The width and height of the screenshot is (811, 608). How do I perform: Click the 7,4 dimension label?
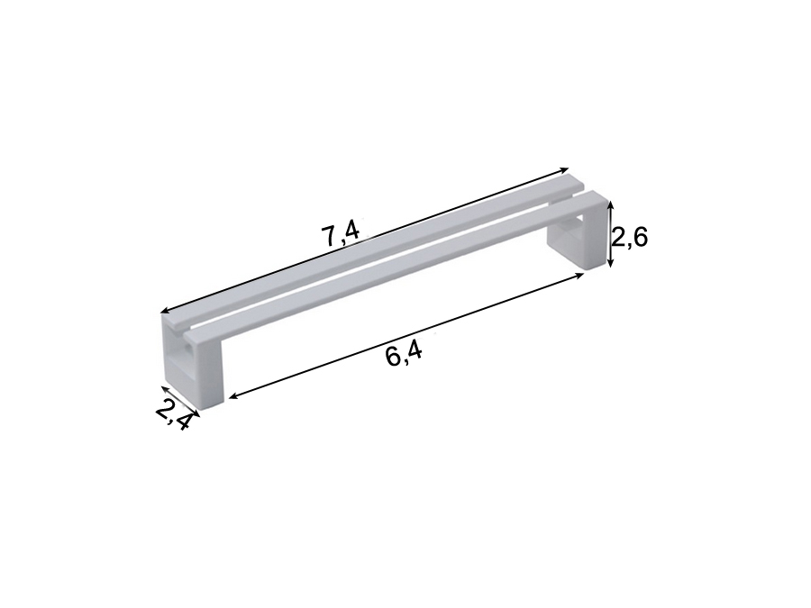tap(341, 236)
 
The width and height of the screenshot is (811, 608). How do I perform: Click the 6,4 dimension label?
tap(404, 355)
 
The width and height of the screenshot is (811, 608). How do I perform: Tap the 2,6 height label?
tap(630, 239)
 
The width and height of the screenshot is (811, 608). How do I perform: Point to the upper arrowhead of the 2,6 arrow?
tap(611, 205)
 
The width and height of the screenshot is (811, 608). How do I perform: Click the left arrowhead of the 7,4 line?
tap(165, 311)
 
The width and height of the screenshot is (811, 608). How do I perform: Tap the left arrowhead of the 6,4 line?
tap(232, 396)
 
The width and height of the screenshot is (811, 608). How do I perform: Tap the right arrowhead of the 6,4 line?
tap(579, 275)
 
